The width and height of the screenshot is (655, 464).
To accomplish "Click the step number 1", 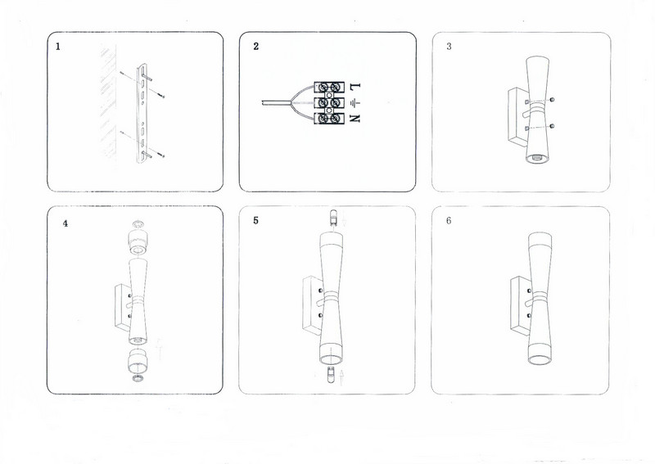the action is point(58,47).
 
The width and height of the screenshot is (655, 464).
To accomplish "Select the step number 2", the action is point(256,47).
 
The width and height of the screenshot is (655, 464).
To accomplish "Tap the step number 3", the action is point(449,47).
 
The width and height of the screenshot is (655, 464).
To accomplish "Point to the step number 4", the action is point(65,223).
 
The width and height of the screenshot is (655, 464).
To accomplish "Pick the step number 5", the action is point(255,220).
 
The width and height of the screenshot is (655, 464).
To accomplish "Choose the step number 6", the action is point(449,220).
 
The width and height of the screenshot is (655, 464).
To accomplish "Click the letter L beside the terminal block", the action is point(355,87).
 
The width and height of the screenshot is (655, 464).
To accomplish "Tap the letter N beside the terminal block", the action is point(355,119).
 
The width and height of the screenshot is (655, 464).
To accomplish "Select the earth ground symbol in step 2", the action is point(355,102).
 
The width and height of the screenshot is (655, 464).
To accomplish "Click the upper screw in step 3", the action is point(552,99).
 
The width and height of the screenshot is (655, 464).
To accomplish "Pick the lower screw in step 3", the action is point(552,126).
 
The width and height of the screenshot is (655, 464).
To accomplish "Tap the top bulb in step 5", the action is point(333,218).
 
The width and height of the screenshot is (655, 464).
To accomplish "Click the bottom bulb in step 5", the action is point(331,374).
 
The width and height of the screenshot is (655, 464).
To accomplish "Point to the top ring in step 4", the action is point(138,225).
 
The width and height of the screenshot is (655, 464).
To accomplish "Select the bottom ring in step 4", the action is point(138,378).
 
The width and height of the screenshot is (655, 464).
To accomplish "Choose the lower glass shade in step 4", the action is point(138,360).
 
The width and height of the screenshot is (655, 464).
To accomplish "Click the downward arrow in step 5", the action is point(344,218).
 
